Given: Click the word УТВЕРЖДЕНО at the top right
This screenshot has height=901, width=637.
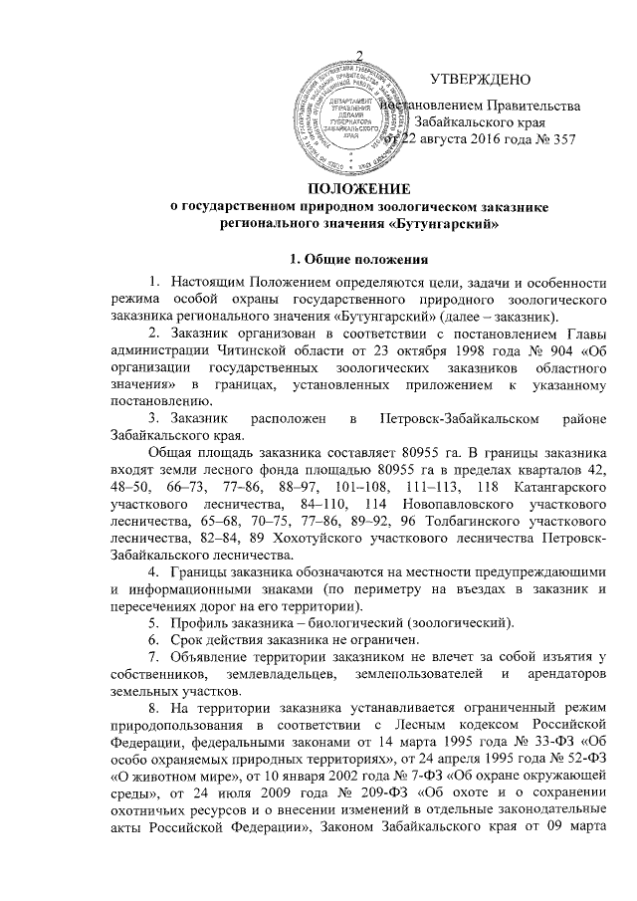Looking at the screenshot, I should (479, 79).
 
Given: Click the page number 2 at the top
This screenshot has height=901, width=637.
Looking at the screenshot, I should (359, 54).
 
